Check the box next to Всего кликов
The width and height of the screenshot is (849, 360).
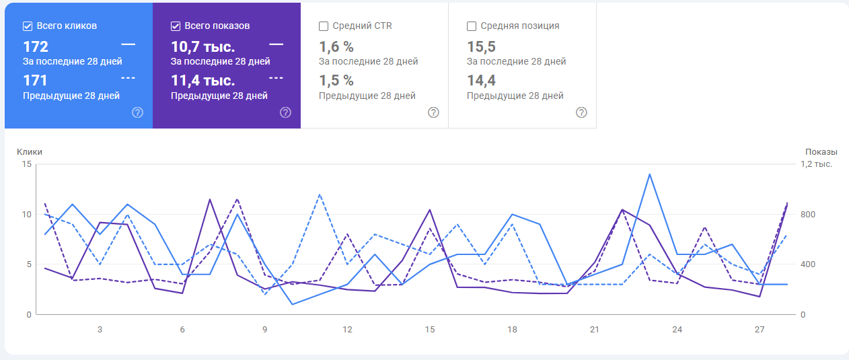point(28,26)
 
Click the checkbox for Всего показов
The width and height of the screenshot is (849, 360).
point(176,26)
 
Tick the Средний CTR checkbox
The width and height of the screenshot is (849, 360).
point(324,26)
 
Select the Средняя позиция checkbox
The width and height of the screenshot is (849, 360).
point(472,26)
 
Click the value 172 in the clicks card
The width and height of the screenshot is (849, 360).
point(36,47)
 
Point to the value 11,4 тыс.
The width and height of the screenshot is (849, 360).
point(202,81)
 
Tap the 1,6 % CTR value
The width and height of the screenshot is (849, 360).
point(336,47)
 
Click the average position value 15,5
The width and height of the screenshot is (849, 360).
point(480,47)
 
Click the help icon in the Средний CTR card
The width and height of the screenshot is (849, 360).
point(433,112)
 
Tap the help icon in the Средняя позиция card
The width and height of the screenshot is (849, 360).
point(581,112)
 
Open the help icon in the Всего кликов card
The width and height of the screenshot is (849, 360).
point(137,112)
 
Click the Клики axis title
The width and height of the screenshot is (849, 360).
point(29,152)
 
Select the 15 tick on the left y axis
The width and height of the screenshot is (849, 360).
point(27,164)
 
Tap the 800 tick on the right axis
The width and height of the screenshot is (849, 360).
point(807,215)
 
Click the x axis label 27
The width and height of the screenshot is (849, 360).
point(760,329)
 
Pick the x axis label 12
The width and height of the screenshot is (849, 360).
point(347,329)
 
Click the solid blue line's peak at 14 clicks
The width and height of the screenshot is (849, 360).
point(649,174)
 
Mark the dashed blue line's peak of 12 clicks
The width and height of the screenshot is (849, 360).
point(320,194)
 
